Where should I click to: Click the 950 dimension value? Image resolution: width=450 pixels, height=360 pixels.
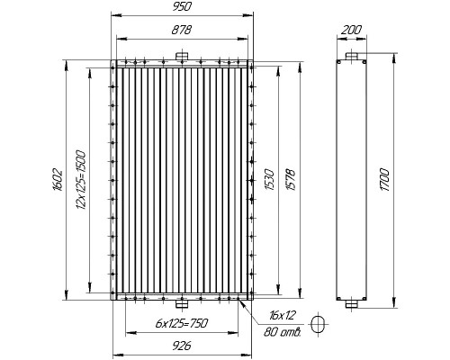(x=182, y=6)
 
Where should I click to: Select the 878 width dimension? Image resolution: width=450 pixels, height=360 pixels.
(x=182, y=30)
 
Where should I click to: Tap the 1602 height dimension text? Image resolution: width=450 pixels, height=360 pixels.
(x=58, y=180)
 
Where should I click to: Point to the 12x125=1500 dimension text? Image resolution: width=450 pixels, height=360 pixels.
(x=81, y=180)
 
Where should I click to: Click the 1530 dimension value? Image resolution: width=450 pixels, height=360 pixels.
(x=270, y=180)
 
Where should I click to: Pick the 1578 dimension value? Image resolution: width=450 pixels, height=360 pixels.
(x=292, y=180)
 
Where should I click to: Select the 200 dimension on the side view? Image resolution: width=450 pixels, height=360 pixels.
(x=352, y=30)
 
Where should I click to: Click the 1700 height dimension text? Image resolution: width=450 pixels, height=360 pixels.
(x=384, y=180)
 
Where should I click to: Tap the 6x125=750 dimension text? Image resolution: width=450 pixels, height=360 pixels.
(x=182, y=323)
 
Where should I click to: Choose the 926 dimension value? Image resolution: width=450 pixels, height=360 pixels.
(x=182, y=346)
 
